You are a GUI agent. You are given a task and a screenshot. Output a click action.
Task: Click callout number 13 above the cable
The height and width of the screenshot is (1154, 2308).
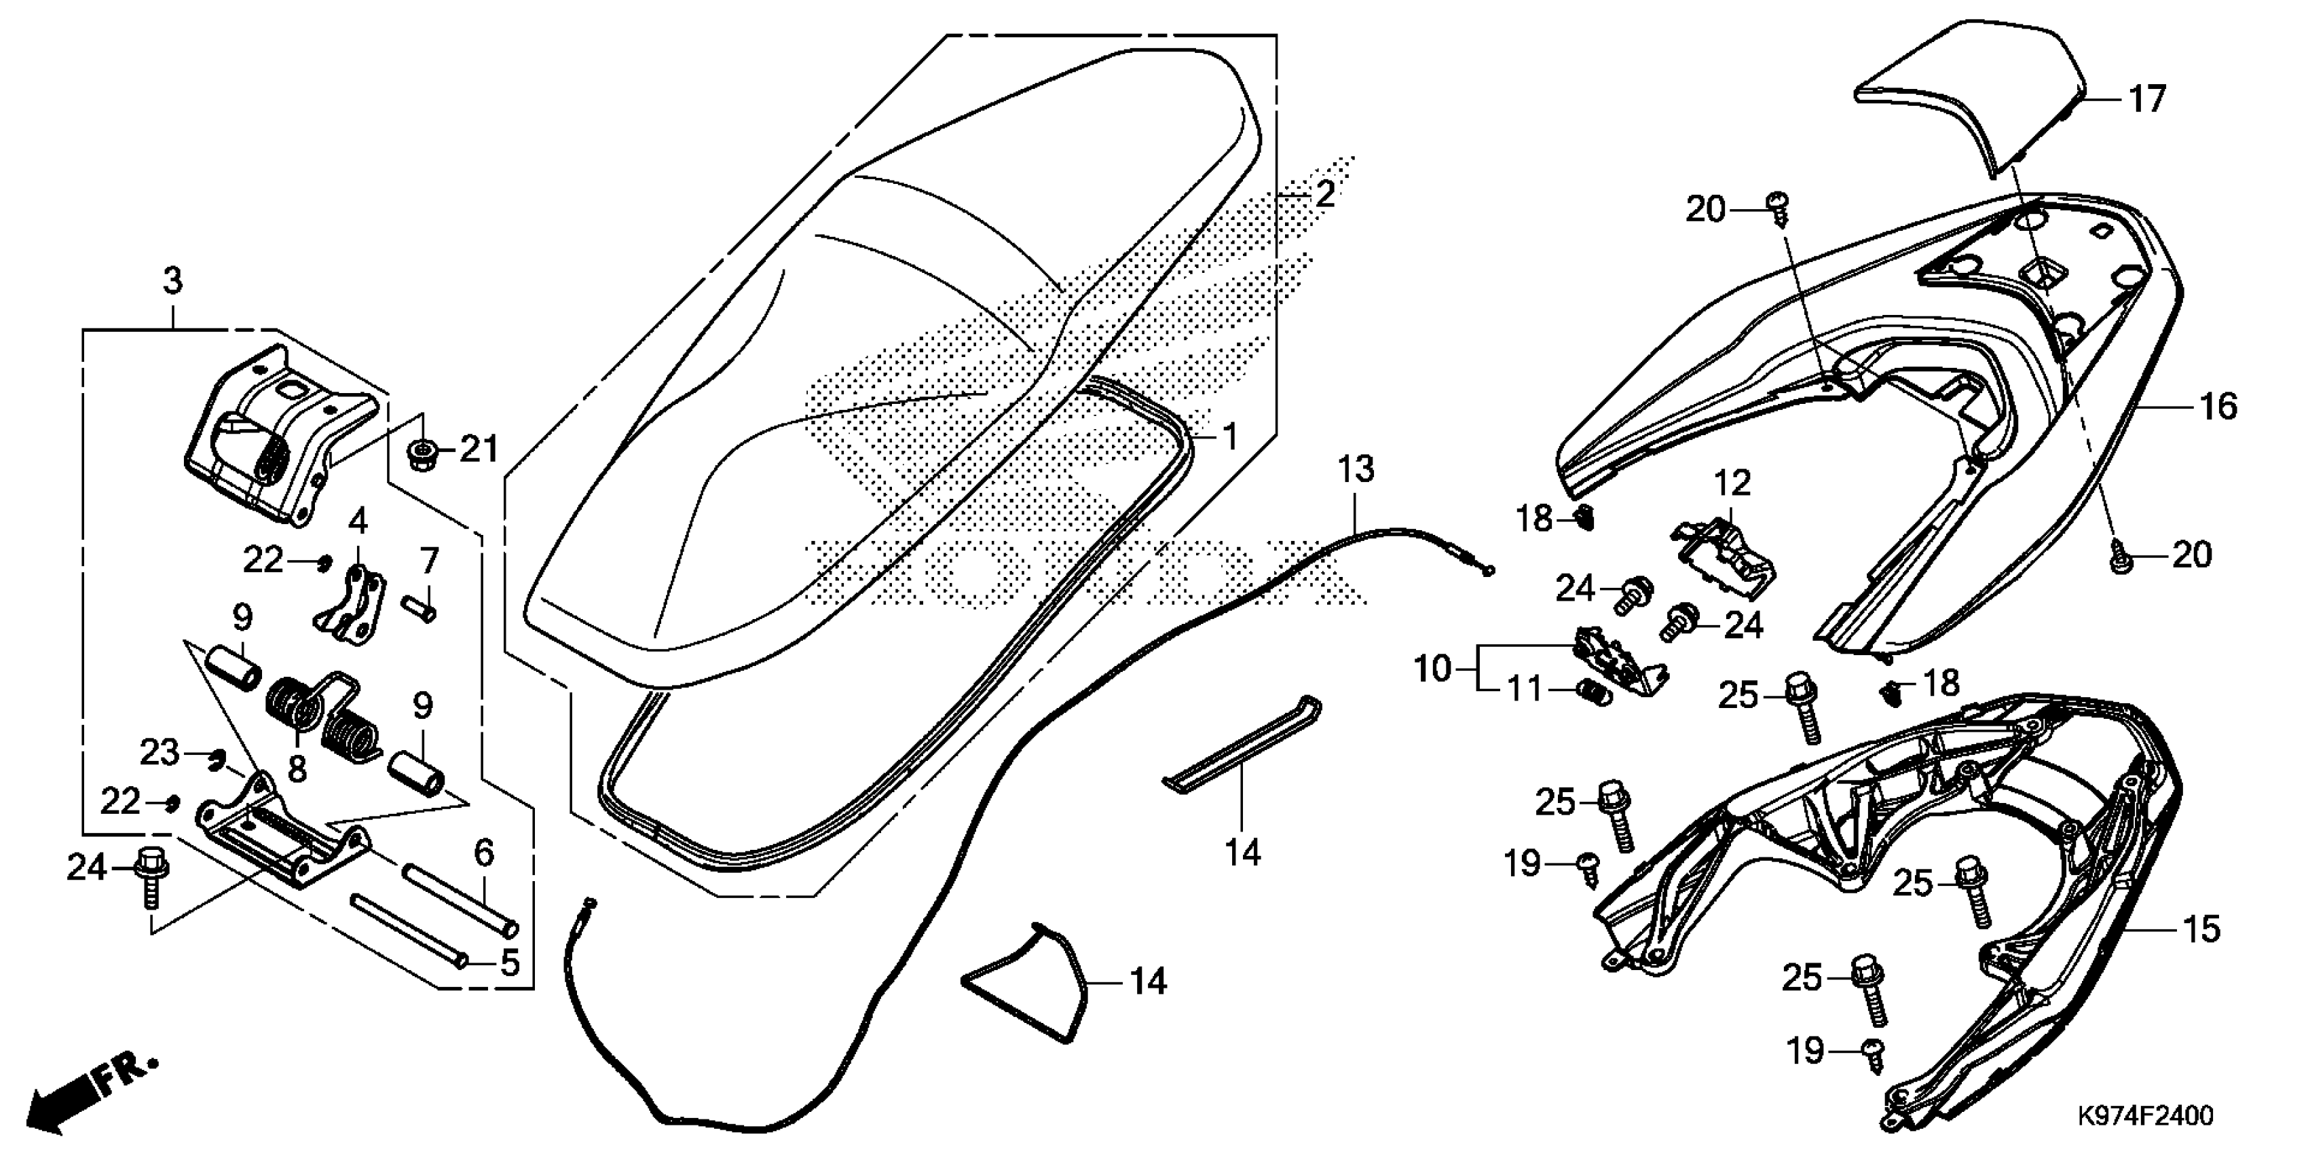pyautogui.click(x=1356, y=470)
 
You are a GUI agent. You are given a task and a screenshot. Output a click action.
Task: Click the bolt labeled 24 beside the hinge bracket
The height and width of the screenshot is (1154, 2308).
pyautogui.click(x=149, y=878)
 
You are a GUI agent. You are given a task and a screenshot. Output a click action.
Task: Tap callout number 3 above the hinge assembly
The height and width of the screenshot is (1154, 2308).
pyautogui.click(x=173, y=281)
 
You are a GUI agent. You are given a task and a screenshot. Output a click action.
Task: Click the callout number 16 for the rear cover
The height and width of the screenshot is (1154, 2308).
pyautogui.click(x=2218, y=406)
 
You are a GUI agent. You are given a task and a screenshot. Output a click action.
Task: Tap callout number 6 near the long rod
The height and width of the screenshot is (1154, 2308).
pyautogui.click(x=484, y=853)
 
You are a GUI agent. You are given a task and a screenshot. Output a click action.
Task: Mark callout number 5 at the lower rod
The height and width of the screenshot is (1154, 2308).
pyautogui.click(x=509, y=963)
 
